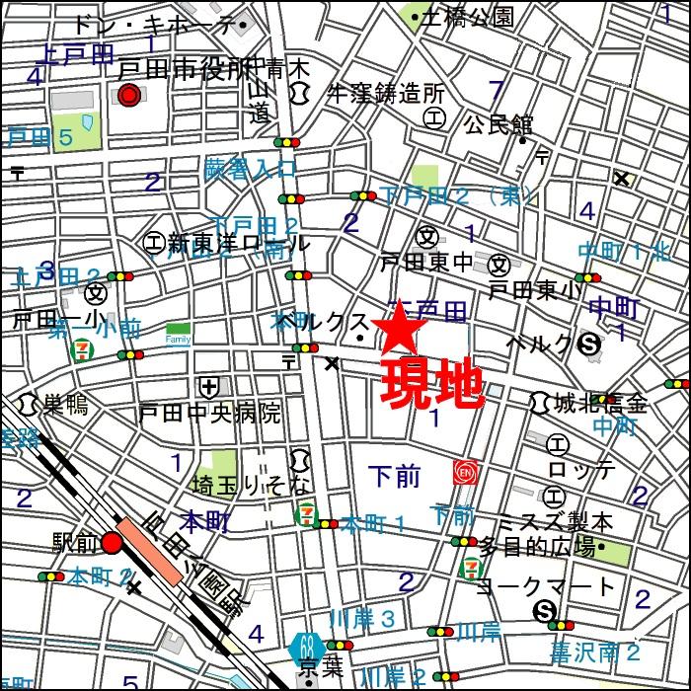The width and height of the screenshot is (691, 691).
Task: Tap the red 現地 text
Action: [432, 384]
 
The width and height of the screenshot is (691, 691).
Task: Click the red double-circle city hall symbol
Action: [127, 95]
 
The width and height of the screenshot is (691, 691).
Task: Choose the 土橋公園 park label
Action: [467, 17]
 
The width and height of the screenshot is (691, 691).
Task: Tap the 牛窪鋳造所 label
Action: [386, 94]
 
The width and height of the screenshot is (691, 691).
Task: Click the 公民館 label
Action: [499, 125]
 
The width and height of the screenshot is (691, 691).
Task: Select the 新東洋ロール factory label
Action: [237, 242]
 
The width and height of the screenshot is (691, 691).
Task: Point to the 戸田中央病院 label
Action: [209, 412]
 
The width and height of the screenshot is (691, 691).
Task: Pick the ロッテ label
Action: [587, 468]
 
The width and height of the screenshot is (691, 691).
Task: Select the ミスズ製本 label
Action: [597, 521]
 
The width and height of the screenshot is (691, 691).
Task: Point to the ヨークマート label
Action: [546, 586]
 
